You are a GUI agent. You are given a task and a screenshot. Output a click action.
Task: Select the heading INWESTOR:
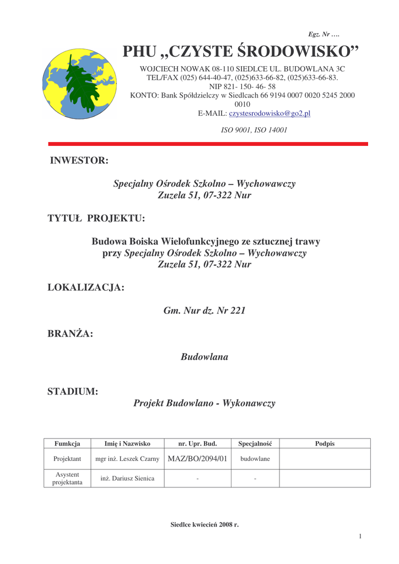(79, 160)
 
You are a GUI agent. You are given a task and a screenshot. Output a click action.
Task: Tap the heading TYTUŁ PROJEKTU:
(96, 219)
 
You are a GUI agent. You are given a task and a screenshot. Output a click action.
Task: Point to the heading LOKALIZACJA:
(86, 288)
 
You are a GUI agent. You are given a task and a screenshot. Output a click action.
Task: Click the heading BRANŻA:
(70, 334)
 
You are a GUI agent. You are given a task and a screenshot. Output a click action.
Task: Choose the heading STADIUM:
(73, 392)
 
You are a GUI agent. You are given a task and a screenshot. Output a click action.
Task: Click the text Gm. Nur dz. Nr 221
(204, 311)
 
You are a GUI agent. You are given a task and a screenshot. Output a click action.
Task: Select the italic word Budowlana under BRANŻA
(204, 357)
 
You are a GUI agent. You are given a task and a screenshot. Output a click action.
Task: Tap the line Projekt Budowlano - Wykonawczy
(204, 403)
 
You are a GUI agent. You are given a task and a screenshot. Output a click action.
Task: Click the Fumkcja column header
(67, 443)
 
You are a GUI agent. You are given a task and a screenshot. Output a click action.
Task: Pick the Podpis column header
(325, 443)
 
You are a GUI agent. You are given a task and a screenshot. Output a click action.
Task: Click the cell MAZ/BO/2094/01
(197, 459)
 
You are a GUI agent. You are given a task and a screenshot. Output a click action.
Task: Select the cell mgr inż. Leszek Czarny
(127, 459)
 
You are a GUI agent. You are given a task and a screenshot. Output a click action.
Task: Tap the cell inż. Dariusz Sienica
(127, 479)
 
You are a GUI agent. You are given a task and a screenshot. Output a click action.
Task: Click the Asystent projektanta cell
(67, 479)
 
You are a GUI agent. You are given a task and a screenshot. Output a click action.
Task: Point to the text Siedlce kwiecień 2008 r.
(204, 524)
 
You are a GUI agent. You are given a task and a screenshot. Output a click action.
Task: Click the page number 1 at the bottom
(360, 536)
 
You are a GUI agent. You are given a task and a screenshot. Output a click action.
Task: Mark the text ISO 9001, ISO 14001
(254, 131)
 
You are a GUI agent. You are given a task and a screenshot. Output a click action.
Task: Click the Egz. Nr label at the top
(323, 34)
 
